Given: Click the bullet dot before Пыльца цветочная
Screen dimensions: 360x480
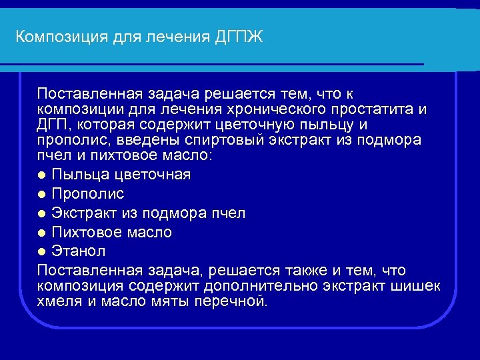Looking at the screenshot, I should click(42, 175).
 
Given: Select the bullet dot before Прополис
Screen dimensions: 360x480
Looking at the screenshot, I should click(42, 195).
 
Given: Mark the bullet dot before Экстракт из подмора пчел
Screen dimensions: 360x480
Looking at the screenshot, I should click(42, 214).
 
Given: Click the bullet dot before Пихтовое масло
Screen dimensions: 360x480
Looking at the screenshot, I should click(42, 233).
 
